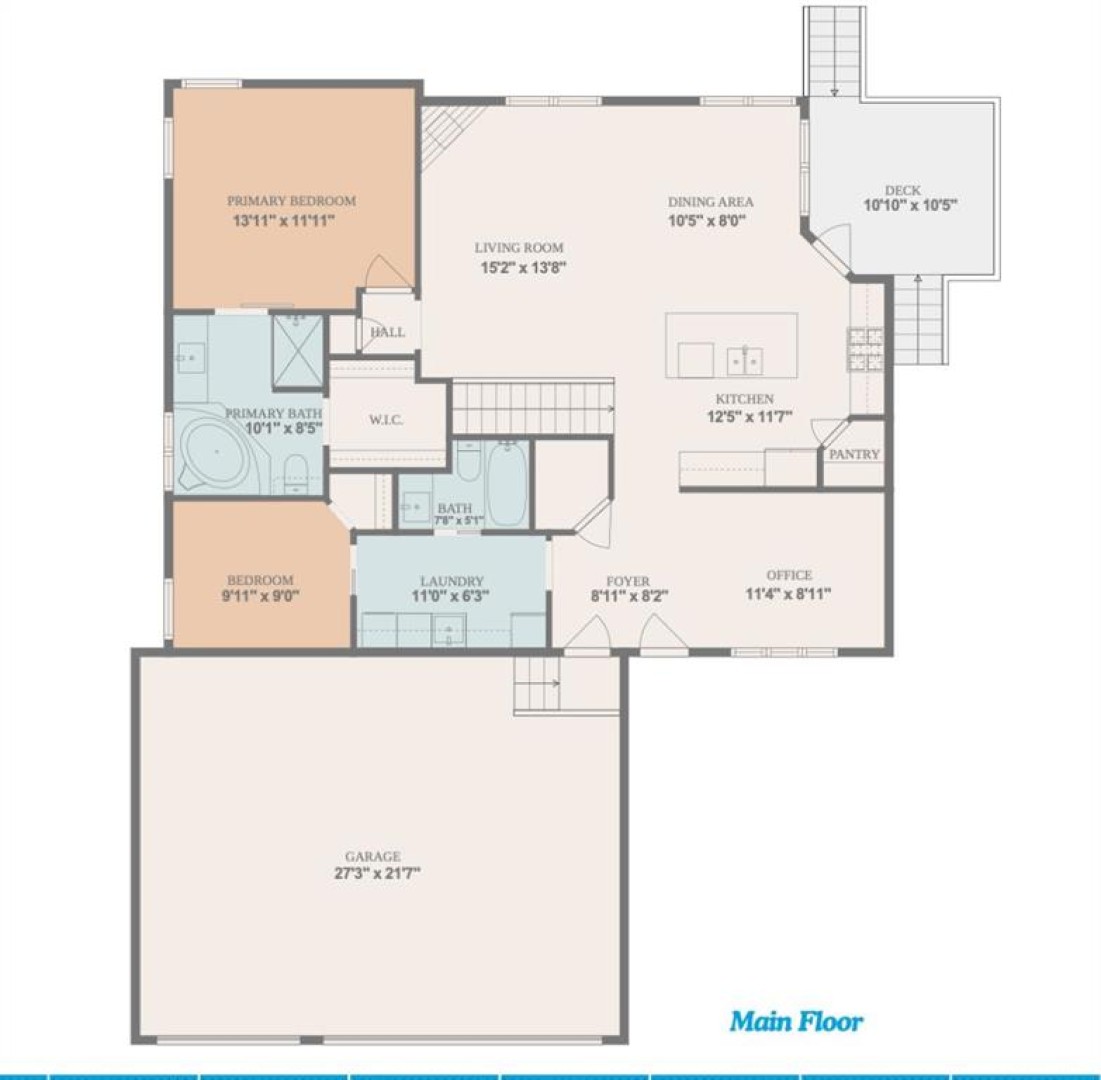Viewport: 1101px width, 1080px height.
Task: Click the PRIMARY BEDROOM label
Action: click(291, 201)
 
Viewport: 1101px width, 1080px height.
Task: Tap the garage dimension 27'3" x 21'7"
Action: click(377, 874)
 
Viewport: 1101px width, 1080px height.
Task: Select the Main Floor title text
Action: click(796, 1021)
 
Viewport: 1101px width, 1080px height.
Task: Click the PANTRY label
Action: click(855, 454)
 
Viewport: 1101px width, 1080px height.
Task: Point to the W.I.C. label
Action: click(386, 420)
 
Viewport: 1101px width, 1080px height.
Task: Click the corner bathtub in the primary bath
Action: click(218, 453)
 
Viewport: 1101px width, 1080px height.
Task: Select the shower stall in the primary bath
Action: click(298, 350)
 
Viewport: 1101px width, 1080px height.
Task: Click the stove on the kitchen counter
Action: click(865, 349)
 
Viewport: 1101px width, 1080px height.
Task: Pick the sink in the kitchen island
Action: click(744, 361)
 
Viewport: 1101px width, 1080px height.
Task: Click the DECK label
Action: click(903, 190)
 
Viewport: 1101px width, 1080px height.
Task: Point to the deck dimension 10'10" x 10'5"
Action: click(911, 206)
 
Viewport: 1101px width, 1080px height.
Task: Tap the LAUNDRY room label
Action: click(451, 581)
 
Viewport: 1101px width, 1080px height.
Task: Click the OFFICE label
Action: click(789, 575)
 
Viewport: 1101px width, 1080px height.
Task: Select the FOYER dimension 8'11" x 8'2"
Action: click(629, 597)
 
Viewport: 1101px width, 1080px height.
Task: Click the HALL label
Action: click(388, 332)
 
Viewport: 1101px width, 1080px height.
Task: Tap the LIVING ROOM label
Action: click(519, 248)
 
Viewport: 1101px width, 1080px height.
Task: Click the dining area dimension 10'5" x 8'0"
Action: click(706, 220)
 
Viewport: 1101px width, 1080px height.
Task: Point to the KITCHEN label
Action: click(744, 399)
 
